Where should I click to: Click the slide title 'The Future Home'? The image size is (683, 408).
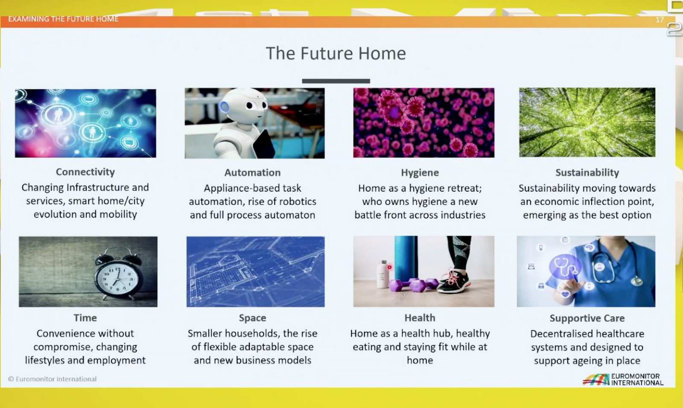(x=336, y=53)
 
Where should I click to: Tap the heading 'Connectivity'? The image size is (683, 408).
(x=85, y=172)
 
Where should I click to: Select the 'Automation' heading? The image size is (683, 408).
(x=252, y=172)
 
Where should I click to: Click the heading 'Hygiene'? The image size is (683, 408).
(x=420, y=172)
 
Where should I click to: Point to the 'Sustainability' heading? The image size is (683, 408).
(x=587, y=172)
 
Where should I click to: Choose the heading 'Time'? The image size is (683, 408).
(x=85, y=318)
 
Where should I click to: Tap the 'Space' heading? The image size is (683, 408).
(x=252, y=318)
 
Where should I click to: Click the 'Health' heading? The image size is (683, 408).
(x=420, y=318)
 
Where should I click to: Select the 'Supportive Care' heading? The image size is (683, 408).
(x=587, y=318)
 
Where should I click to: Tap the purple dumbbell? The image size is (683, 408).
(x=414, y=286)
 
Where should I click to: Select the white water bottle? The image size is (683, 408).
(x=382, y=274)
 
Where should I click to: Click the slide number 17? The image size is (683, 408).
(x=660, y=20)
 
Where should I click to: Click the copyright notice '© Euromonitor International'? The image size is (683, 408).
(x=53, y=379)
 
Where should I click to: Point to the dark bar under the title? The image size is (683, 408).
(x=336, y=81)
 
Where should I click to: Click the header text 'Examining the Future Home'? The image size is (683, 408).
(x=63, y=19)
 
